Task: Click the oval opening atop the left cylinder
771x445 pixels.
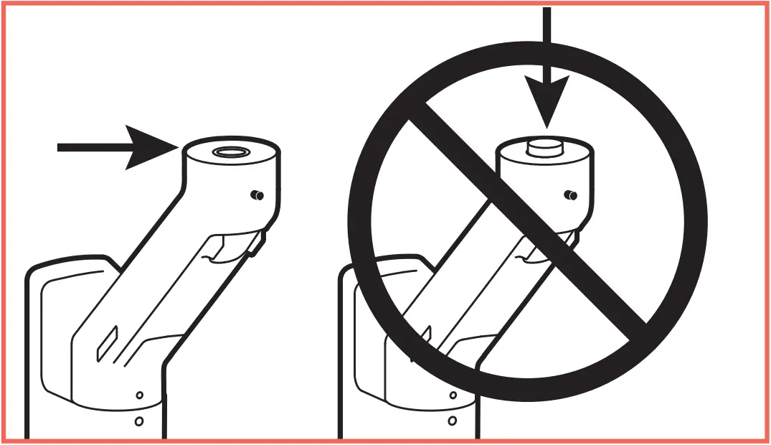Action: [232, 152]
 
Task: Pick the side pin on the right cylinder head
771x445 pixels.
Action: [571, 195]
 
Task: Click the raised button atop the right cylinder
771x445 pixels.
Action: [544, 147]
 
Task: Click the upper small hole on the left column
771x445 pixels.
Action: [139, 395]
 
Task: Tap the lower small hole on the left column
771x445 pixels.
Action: [139, 421]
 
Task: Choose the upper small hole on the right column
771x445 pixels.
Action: [452, 395]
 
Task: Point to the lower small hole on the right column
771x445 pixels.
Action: [452, 421]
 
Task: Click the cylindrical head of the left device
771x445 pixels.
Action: [230, 183]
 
